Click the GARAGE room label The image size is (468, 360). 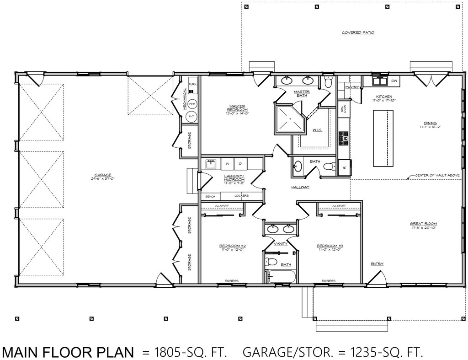tap(100, 175)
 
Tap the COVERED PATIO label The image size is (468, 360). tap(358, 33)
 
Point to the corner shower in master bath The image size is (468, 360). tap(287, 119)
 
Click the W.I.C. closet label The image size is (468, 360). tap(318, 130)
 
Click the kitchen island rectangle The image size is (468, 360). tap(383, 139)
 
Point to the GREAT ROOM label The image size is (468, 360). tap(424, 224)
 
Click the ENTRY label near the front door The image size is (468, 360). tap(377, 263)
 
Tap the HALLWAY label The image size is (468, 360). tap(301, 187)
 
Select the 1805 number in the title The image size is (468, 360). tap(167, 352)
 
